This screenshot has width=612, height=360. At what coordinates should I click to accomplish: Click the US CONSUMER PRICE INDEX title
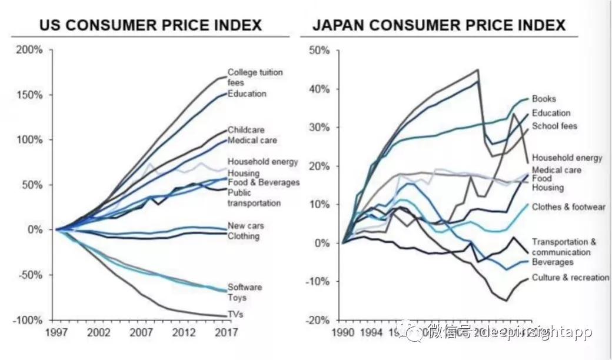[150, 25]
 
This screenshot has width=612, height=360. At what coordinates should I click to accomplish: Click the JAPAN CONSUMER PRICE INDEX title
[438, 25]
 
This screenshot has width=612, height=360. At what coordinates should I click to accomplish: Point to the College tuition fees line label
[255, 77]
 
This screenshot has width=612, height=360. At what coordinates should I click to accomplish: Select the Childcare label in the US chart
[247, 129]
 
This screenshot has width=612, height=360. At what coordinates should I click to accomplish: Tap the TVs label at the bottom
[235, 314]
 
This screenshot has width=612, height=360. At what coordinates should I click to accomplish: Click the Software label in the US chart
[245, 287]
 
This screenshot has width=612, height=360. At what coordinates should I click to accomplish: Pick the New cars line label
[246, 226]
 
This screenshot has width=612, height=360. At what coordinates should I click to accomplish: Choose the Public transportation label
[254, 198]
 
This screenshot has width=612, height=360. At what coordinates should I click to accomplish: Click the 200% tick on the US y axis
[29, 49]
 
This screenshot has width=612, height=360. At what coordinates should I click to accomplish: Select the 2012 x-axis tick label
[184, 333]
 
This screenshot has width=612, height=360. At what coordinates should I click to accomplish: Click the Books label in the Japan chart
[544, 99]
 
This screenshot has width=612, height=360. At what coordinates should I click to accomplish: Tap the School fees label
[554, 126]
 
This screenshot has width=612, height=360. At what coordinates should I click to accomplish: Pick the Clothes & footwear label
[568, 207]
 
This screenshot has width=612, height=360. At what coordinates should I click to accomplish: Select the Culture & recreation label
[570, 277]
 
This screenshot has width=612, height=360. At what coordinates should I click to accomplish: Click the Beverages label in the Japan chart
[552, 262]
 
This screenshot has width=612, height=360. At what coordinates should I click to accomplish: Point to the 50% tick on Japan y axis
[320, 50]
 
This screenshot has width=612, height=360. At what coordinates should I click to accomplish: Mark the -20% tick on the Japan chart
[319, 320]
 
